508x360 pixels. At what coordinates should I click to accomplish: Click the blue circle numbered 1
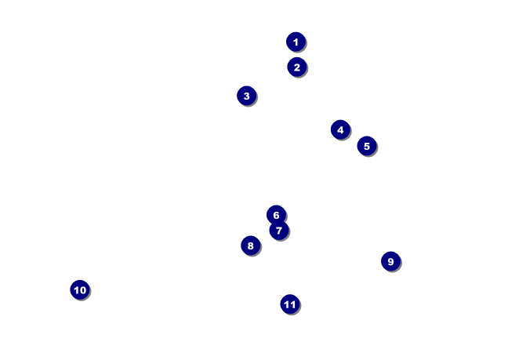(x=296, y=42)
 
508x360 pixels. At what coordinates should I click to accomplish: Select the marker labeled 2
(x=296, y=67)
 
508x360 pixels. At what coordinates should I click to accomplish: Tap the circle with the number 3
(x=246, y=96)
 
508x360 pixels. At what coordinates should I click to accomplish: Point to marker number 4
(x=340, y=129)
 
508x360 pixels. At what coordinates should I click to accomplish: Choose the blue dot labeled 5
(x=367, y=146)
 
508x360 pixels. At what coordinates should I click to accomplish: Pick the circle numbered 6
(x=276, y=215)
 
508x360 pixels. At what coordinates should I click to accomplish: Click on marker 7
(x=279, y=231)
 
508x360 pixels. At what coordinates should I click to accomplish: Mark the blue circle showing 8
(x=250, y=245)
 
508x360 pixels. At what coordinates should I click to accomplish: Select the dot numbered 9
(x=390, y=261)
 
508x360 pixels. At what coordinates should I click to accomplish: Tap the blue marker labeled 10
(x=79, y=290)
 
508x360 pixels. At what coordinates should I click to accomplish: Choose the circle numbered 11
(x=290, y=304)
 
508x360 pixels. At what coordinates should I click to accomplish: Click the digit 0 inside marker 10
(x=82, y=290)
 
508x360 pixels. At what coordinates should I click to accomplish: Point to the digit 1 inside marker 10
(x=76, y=290)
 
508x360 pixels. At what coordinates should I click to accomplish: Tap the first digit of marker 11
(x=287, y=304)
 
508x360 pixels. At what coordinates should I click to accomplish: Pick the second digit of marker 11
(x=293, y=304)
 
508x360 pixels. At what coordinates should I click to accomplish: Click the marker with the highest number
(x=290, y=304)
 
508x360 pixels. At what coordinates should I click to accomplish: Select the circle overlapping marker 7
(x=276, y=215)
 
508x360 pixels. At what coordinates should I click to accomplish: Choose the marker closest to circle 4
(x=367, y=146)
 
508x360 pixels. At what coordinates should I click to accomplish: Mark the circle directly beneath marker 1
(x=296, y=67)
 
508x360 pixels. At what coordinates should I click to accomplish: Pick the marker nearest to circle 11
(x=250, y=245)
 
